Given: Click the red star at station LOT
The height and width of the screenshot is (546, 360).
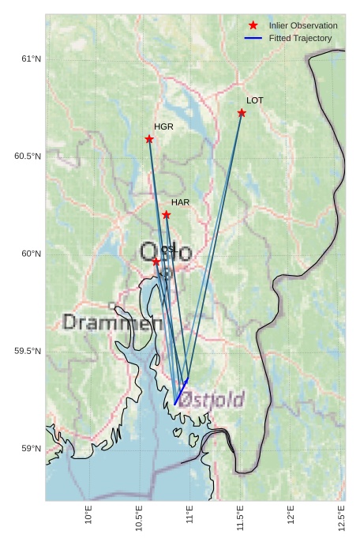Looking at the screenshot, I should pyautogui.click(x=242, y=113).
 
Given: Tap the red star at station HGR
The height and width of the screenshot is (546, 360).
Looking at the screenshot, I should pyautogui.click(x=149, y=139).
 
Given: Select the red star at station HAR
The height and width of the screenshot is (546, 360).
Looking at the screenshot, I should pyautogui.click(x=167, y=215).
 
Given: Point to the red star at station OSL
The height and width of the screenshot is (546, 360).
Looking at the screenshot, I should pyautogui.click(x=156, y=261).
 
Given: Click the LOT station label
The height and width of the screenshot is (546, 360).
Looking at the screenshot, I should pyautogui.click(x=254, y=100).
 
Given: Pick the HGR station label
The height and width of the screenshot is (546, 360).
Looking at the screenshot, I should pyautogui.click(x=163, y=126).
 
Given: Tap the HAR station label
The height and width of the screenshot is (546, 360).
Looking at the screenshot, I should pyautogui.click(x=180, y=202).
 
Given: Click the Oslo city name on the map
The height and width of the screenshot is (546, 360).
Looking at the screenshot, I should pyautogui.click(x=165, y=253).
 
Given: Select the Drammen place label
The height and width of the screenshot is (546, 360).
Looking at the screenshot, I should pyautogui.click(x=112, y=322).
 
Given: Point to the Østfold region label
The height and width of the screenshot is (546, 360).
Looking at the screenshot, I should pyautogui.click(x=212, y=400).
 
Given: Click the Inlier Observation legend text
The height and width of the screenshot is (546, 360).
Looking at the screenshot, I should pyautogui.click(x=302, y=26).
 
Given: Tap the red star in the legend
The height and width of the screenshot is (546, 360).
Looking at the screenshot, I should pyautogui.click(x=253, y=26).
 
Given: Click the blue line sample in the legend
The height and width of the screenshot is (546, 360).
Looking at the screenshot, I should pyautogui.click(x=253, y=38).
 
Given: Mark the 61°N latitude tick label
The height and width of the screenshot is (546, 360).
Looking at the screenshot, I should pyautogui.click(x=30, y=58).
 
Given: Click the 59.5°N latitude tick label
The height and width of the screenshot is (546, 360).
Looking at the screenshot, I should pyautogui.click(x=28, y=351).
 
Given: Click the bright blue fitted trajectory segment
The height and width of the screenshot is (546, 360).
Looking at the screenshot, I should pyautogui.click(x=181, y=393).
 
